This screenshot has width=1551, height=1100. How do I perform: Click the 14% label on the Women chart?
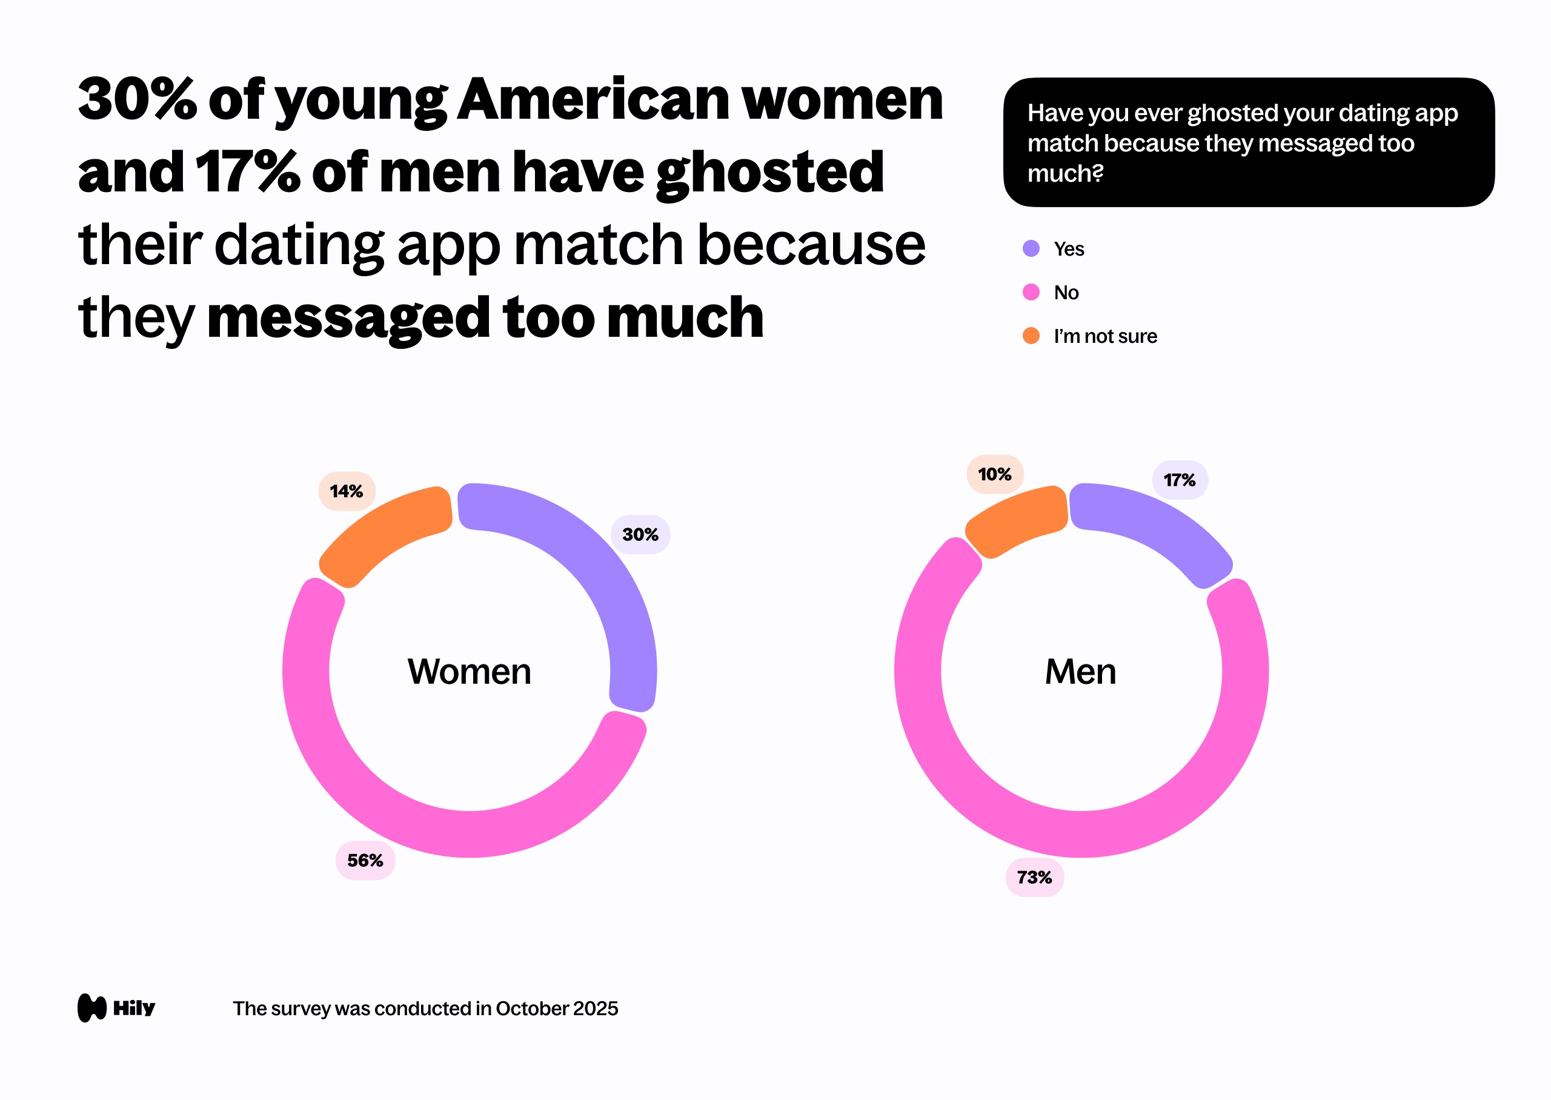coord(347,491)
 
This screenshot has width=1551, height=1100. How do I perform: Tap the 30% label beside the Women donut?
coord(640,534)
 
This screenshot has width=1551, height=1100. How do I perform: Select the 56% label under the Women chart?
coord(365,860)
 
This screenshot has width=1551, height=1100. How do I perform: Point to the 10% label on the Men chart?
coord(994,474)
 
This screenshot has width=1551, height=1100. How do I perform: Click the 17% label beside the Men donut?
coord(1179,480)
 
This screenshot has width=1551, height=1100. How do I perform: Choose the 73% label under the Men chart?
coord(1034,877)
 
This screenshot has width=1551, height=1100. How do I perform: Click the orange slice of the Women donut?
coord(383,535)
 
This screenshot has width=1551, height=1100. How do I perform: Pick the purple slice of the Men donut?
coord(1151,528)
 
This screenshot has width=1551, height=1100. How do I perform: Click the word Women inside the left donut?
coord(470,672)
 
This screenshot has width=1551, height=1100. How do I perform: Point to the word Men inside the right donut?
coord(1080,672)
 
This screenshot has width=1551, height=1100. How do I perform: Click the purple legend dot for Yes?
coord(1031,248)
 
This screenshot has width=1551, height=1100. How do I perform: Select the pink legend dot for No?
coord(1031,292)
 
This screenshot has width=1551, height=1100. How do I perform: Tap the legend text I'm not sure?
coord(1104,336)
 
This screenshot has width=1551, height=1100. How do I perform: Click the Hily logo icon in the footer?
coord(92,1008)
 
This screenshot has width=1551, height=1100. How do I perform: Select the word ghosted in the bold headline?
coord(769,173)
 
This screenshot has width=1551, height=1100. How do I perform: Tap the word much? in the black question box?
coord(1064,174)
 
